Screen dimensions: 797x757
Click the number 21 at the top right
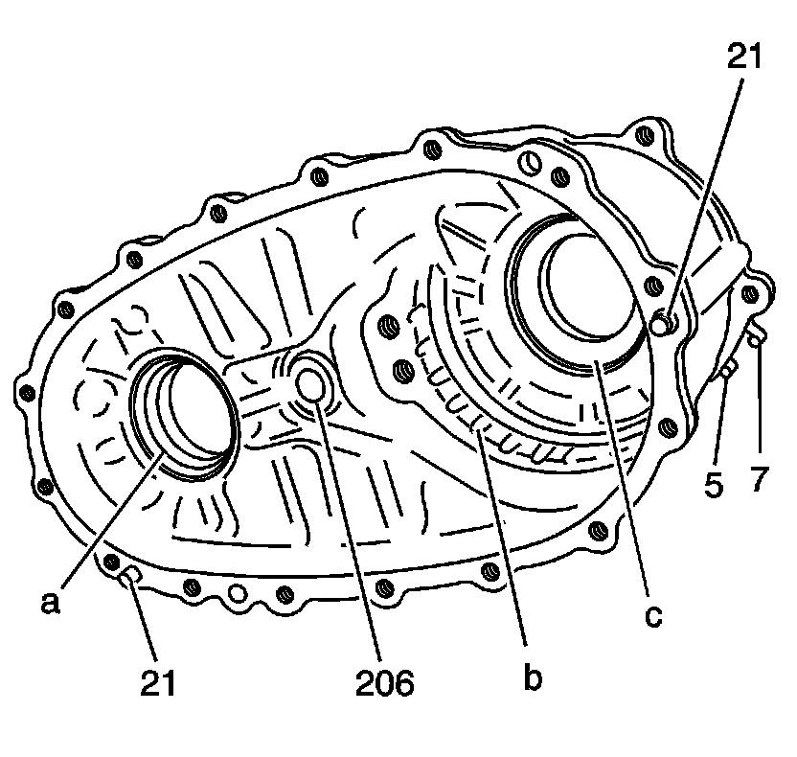tap(741, 57)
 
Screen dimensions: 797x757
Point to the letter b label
tap(534, 678)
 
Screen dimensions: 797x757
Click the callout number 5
tap(714, 485)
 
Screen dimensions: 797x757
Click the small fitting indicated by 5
tap(727, 369)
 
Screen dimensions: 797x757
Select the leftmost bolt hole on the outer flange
tap(26, 391)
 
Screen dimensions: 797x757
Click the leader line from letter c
tap(623, 479)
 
